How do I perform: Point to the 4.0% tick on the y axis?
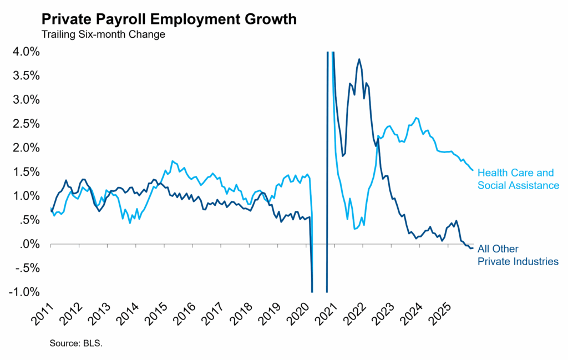point(24,52)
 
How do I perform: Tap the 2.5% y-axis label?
point(24,124)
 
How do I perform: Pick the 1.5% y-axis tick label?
point(24,172)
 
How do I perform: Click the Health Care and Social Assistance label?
point(518,179)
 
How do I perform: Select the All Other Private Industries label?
point(518,255)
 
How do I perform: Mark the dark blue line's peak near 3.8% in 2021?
point(359,59)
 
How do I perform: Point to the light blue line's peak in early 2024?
point(417,118)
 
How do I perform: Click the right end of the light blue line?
point(473,170)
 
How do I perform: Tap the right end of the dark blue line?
point(473,248)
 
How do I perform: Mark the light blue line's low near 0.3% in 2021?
point(354,229)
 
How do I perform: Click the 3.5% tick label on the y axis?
point(24,75)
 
